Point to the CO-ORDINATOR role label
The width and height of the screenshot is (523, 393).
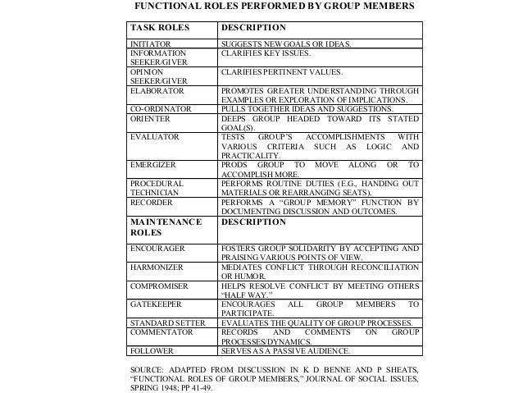(x=161, y=107)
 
